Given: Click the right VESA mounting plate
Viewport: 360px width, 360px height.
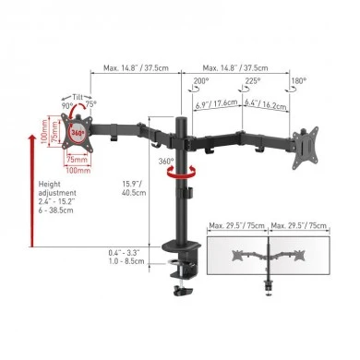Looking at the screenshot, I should (306, 145).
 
